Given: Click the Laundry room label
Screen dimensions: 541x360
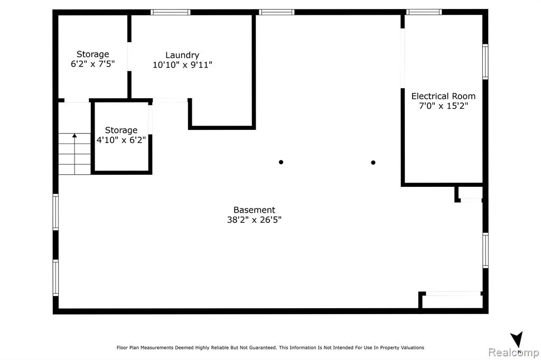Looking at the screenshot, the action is click(x=182, y=55).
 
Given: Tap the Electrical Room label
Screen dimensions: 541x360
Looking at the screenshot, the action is click(x=443, y=96).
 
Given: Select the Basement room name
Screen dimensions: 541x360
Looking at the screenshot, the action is click(x=254, y=210).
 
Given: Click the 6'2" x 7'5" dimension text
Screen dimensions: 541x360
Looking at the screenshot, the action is click(x=92, y=64).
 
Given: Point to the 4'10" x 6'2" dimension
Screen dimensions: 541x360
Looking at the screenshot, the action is click(x=121, y=140).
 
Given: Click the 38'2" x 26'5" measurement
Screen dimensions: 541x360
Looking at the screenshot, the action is click(x=254, y=220).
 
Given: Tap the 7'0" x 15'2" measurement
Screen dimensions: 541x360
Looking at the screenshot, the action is click(x=443, y=106).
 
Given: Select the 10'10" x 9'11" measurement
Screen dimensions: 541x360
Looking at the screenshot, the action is click(x=182, y=65).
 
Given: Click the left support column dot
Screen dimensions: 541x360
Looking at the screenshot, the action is click(x=281, y=162).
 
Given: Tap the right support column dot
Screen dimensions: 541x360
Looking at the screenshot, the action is click(x=373, y=163).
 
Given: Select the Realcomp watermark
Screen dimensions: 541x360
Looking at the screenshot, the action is click(x=514, y=353).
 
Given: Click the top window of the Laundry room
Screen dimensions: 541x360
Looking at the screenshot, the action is click(x=171, y=13).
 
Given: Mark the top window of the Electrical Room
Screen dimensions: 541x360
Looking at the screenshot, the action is click(x=424, y=13).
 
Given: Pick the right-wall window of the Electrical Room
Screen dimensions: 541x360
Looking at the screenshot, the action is click(x=485, y=62).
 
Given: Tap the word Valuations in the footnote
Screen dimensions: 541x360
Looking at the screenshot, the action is click(x=412, y=347).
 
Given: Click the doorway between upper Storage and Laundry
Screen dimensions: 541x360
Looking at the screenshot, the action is click(x=129, y=56).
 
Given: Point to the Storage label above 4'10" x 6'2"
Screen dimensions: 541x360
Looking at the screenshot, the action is click(x=121, y=130).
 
